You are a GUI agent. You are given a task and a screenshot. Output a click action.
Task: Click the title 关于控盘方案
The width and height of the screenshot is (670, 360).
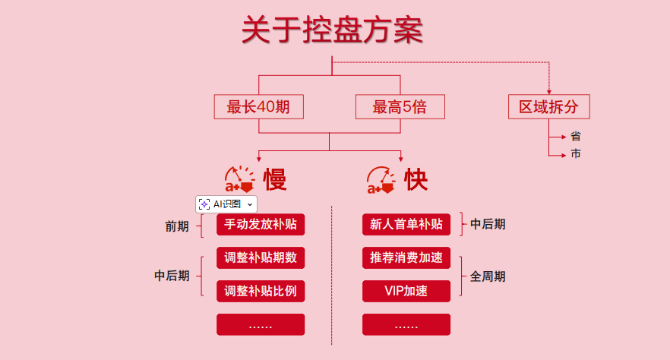pos(332,31)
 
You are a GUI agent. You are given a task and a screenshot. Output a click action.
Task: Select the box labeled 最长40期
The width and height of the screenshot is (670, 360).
pos(258,107)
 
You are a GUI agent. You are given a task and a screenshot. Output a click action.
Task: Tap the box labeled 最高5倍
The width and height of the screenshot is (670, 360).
pos(400,107)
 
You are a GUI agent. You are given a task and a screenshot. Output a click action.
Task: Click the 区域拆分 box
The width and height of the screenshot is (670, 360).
pos(548,107)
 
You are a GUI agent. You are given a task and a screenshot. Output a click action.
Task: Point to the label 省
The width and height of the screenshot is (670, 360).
pos(576,137)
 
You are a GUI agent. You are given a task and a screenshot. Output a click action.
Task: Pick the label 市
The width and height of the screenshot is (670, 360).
pos(576,154)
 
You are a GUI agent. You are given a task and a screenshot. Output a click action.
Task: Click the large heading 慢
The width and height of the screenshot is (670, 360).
pos(274,180)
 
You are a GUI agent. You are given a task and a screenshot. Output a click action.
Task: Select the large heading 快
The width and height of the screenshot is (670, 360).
pos(416,180)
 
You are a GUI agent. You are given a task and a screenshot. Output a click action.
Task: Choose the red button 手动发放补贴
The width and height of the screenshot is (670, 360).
pos(261,225)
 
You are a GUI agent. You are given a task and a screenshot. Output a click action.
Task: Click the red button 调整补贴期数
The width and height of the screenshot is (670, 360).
pos(261,257)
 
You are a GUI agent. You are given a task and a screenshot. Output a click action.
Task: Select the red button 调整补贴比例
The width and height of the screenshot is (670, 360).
pos(261,291)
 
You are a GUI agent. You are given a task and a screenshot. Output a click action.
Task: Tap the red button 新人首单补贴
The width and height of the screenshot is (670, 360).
pos(406,225)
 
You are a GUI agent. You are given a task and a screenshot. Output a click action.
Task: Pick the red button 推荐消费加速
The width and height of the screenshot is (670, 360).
pos(406,257)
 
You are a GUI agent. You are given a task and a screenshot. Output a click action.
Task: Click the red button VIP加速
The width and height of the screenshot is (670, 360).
pos(406,291)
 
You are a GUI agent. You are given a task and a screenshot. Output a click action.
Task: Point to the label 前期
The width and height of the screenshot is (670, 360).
pos(177,226)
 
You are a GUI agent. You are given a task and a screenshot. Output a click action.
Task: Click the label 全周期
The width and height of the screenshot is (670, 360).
pos(488,276)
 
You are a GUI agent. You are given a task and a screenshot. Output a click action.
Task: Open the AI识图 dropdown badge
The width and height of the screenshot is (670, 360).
pos(226,204)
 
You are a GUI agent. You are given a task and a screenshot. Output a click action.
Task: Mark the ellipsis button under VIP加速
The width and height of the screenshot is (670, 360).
pos(406,324)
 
